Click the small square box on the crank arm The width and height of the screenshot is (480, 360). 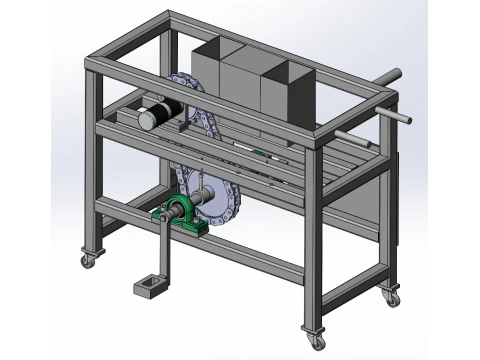[147, 287]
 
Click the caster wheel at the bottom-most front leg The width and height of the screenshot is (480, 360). [315, 341]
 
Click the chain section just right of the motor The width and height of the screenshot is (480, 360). [203, 124]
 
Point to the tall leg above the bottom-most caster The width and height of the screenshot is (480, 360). [312, 240]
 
